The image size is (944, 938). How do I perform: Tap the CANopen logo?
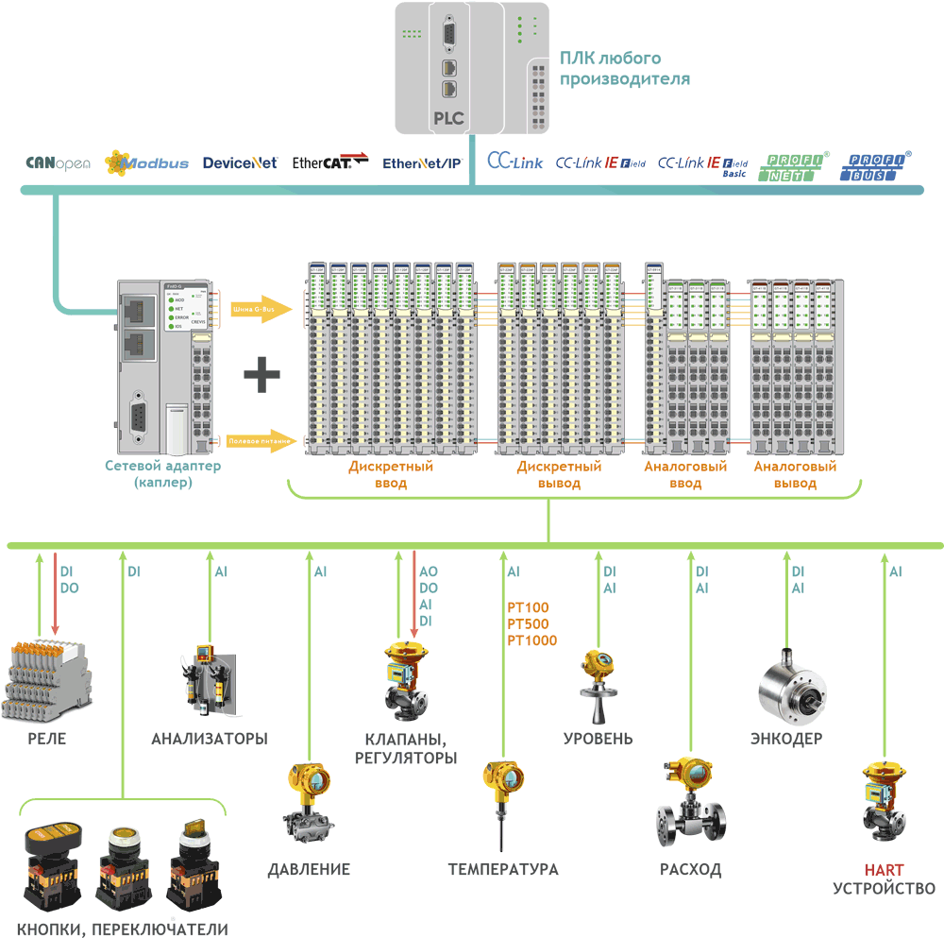pyautogui.click(x=58, y=162)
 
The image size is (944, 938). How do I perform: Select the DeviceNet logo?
pyautogui.click(x=240, y=162)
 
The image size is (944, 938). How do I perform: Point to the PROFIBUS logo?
pyautogui.click(x=877, y=166)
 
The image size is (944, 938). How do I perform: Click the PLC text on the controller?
pyautogui.click(x=448, y=120)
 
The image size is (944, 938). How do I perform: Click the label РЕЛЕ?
pyautogui.click(x=46, y=738)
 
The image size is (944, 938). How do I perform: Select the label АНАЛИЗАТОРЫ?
pyautogui.click(x=210, y=738)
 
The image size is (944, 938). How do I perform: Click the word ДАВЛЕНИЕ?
pyautogui.click(x=309, y=869)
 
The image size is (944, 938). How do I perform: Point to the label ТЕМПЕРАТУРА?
pyautogui.click(x=503, y=869)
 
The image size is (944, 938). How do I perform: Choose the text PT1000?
pyautogui.click(x=532, y=640)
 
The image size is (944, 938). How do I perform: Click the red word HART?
pyautogui.click(x=884, y=870)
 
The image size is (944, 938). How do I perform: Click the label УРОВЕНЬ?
pyautogui.click(x=598, y=738)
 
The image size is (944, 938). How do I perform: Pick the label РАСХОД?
pyautogui.click(x=690, y=869)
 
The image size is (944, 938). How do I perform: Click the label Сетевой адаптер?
pyautogui.click(x=163, y=466)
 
